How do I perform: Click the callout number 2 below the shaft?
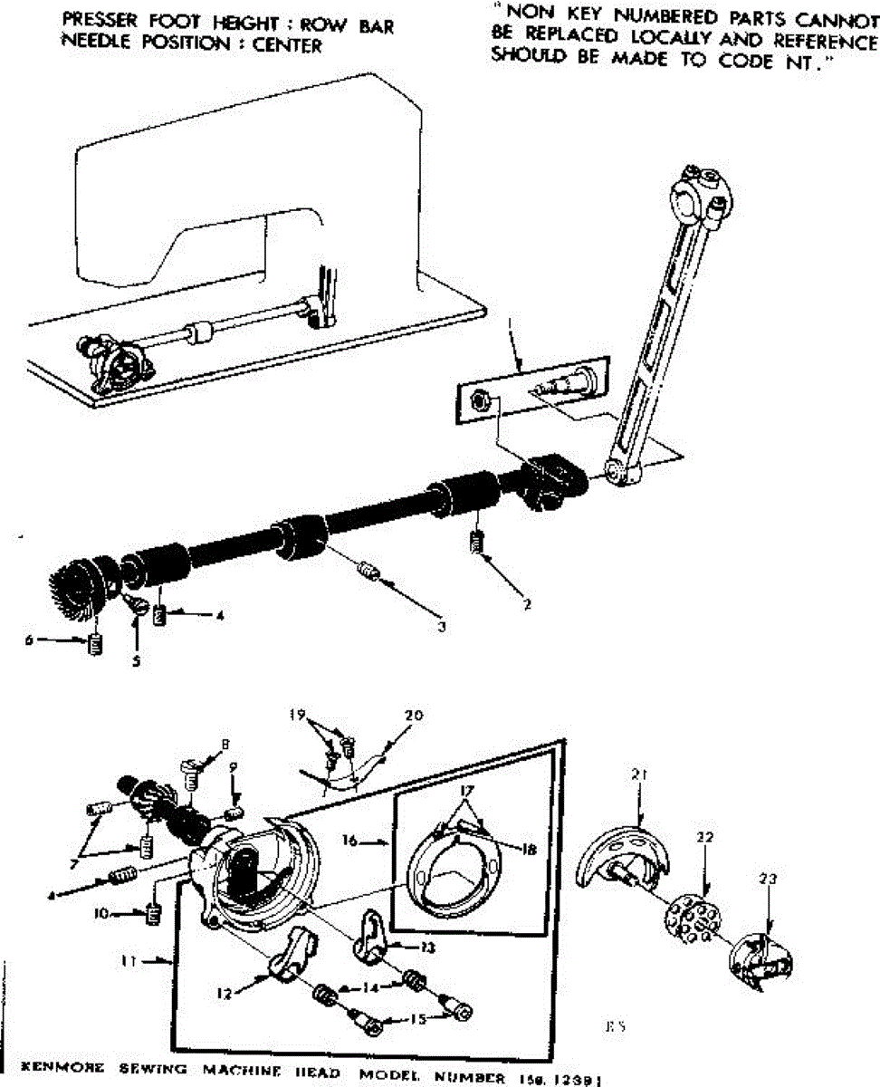526,605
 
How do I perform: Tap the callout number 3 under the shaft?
441,626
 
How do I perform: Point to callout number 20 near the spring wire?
413,716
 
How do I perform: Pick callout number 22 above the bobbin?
707,838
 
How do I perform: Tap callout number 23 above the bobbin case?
769,878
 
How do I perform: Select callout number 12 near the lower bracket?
223,994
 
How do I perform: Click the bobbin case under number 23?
761,958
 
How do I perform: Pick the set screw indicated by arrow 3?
368,573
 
